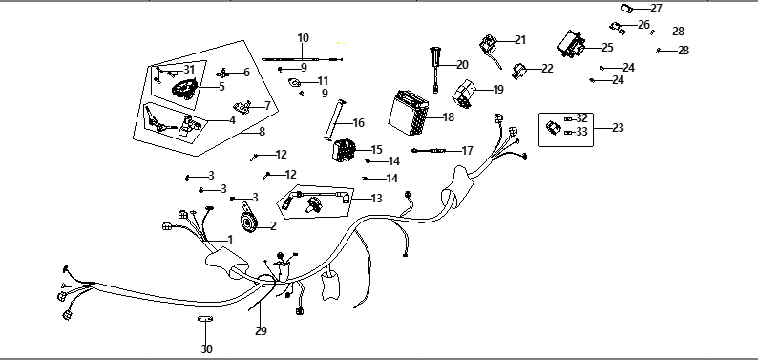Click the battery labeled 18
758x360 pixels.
pyautogui.click(x=409, y=114)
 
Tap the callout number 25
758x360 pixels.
pyautogui.click(x=607, y=48)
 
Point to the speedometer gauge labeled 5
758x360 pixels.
pyautogui.click(x=184, y=89)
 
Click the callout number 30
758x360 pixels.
pyautogui.click(x=206, y=349)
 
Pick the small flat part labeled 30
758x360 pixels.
pyautogui.click(x=205, y=318)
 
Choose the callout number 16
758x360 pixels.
pyautogui.click(x=358, y=123)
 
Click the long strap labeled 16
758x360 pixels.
pyautogui.click(x=334, y=119)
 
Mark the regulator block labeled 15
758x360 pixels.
pyautogui.click(x=344, y=149)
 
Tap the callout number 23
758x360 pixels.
pyautogui.click(x=618, y=128)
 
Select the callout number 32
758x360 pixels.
pyautogui.click(x=581, y=118)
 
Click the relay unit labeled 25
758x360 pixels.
pyautogui.click(x=572, y=44)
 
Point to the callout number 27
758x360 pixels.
pyautogui.click(x=656, y=9)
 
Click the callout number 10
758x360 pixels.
pyautogui.click(x=303, y=37)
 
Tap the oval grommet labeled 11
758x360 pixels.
pyautogui.click(x=294, y=83)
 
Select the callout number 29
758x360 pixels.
pyautogui.click(x=261, y=331)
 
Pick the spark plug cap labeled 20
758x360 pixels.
pyautogui.click(x=434, y=69)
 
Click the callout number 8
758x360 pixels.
pyautogui.click(x=263, y=132)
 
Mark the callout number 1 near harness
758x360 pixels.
pyautogui.click(x=230, y=239)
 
